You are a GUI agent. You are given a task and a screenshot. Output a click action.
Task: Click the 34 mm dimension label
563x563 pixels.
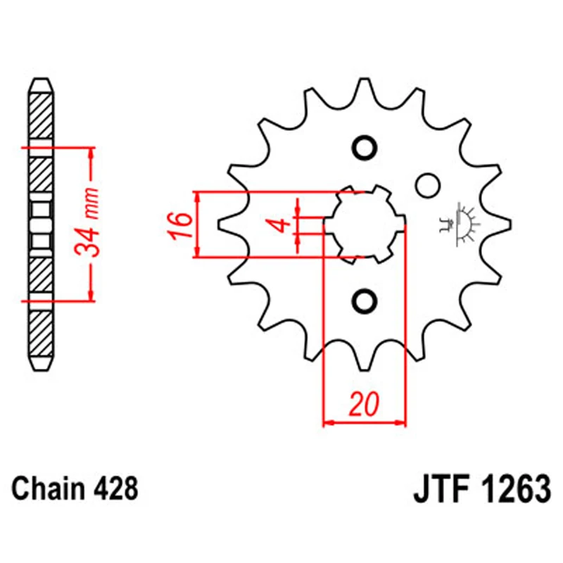[87, 224]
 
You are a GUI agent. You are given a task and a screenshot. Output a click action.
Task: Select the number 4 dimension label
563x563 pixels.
[280, 225]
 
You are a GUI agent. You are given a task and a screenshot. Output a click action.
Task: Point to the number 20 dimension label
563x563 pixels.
[365, 405]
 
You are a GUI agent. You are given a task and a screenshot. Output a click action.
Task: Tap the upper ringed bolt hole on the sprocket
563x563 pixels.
[365, 148]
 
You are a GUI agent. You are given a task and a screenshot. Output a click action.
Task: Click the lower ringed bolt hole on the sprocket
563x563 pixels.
[365, 301]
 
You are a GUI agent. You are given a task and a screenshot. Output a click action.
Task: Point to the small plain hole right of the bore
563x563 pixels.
[425, 185]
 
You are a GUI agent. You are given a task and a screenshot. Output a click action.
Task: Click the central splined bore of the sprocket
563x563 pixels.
[365, 224]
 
